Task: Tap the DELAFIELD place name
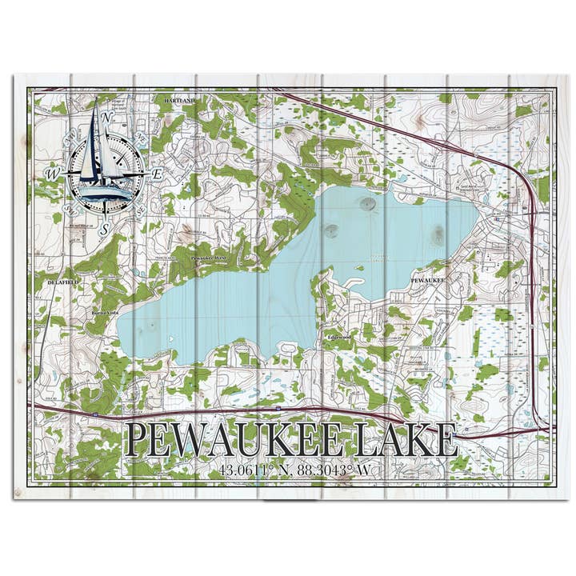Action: click(x=50, y=283)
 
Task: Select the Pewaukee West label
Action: click(x=209, y=258)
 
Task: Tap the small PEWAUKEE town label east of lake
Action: click(x=427, y=281)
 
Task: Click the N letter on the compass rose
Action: click(x=108, y=117)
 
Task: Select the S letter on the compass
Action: click(x=104, y=228)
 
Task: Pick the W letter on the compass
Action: click(x=52, y=173)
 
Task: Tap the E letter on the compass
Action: click(x=158, y=173)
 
